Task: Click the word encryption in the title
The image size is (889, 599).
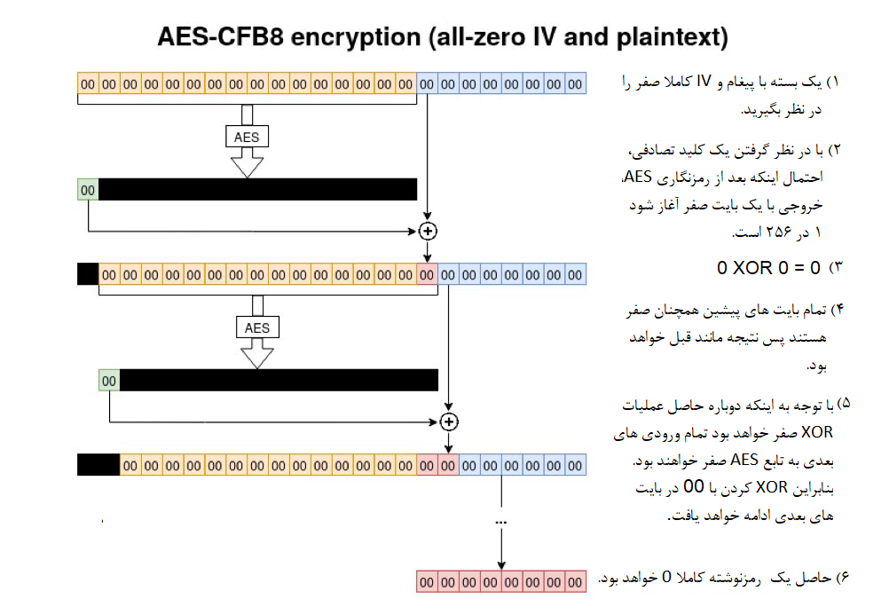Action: point(356,37)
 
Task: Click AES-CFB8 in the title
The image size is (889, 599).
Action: point(220,37)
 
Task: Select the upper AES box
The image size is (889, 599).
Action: point(248,137)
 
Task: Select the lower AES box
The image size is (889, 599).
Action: point(257,327)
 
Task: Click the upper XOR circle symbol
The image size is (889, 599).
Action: point(428,231)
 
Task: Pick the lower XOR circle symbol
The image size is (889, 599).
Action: point(448,422)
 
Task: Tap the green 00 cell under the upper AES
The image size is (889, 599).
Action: point(88,189)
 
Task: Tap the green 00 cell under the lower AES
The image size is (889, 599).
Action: point(109,381)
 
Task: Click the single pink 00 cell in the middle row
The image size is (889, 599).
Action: point(427,274)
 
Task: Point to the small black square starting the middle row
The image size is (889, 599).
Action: point(88,274)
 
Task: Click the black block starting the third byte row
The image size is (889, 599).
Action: point(98,465)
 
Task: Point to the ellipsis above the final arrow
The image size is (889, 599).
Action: point(501,522)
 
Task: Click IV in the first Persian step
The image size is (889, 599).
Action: point(703,82)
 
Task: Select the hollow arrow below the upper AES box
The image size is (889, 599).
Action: point(248,162)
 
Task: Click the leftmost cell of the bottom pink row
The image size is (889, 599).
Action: point(427,582)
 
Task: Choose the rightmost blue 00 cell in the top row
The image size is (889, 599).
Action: point(575,83)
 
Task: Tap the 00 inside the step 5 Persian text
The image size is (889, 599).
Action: point(694,486)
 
